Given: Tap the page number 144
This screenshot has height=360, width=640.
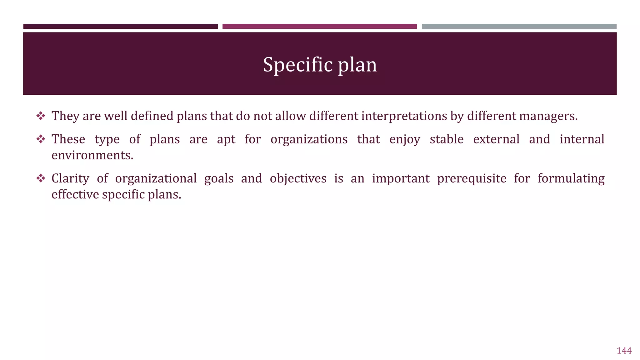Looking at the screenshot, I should click(x=624, y=351).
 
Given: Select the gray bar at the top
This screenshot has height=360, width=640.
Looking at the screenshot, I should click(x=519, y=27).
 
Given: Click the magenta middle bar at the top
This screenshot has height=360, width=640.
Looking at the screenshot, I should click(x=319, y=27).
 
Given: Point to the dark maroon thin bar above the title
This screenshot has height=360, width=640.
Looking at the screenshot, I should click(x=120, y=27).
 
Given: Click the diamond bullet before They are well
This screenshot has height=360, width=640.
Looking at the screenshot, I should click(x=41, y=116).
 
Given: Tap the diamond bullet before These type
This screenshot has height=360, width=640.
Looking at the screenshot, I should click(x=41, y=139).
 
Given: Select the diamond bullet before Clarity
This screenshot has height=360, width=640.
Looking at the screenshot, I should click(x=41, y=179).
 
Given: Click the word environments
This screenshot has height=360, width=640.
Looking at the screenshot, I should click(x=92, y=155).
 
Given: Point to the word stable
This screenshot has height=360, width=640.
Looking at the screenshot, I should click(x=446, y=139).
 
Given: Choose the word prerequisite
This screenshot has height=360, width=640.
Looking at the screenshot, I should click(x=471, y=179).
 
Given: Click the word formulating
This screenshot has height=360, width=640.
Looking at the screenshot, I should click(x=571, y=179).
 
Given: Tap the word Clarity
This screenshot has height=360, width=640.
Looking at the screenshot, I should click(x=70, y=179).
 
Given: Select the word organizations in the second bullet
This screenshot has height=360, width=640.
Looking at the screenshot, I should click(x=309, y=139).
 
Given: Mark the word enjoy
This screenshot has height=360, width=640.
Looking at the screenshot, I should click(x=404, y=139).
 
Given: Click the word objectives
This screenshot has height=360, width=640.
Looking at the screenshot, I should click(x=298, y=179).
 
